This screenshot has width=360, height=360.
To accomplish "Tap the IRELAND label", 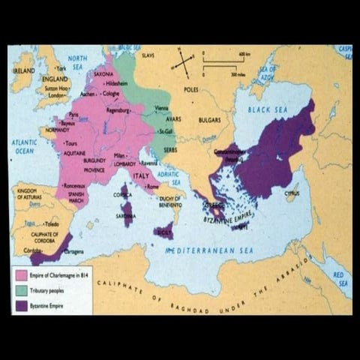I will pyautogui.click(x=23, y=69).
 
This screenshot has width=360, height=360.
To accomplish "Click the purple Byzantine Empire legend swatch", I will pyautogui.click(x=19, y=305).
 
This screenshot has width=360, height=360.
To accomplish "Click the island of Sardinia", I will pyautogui.click(x=127, y=214).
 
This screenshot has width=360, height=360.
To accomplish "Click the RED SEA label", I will pyautogui.click(x=340, y=278).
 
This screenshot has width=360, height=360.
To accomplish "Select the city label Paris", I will pyautogui.click(x=73, y=115).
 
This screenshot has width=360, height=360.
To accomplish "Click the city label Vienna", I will pyautogui.click(x=161, y=108).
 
